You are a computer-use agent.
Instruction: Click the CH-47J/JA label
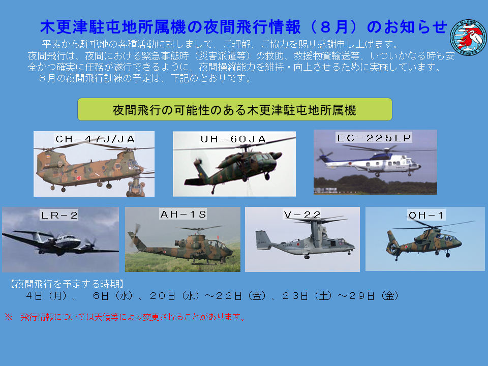pos(95,139)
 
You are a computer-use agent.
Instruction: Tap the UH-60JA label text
pos(233,139)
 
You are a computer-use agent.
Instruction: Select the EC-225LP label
pos(374,138)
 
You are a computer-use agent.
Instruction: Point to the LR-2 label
pos(59,215)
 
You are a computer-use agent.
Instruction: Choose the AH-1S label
pos(183,214)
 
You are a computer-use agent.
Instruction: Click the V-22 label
pos(302,215)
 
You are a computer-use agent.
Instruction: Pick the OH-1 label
pos(426,215)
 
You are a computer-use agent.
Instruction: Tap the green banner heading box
pos(235,109)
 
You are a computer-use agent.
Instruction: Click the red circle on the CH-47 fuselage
pos(79,178)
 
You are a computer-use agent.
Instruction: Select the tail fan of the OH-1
pos(392,248)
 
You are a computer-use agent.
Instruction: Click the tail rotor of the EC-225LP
pos(324,155)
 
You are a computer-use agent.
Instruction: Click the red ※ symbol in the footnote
pos(9,317)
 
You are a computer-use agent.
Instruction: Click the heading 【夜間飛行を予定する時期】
pos(67,284)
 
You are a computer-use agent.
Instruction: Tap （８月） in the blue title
pos(333,27)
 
